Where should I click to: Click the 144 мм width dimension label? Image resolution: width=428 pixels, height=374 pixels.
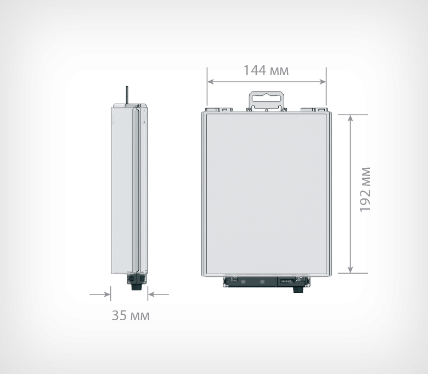click(266, 70)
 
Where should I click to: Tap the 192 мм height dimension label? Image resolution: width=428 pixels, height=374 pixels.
click(365, 190)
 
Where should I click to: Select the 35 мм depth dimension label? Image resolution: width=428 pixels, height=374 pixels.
click(131, 315)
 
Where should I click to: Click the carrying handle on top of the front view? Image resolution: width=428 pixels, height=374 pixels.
click(266, 101)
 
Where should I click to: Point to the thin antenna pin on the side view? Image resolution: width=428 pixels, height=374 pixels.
click(127, 95)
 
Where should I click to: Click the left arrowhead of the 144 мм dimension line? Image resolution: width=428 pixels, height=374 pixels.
click(211, 82)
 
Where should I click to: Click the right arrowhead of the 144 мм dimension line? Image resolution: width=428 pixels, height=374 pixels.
click(323, 82)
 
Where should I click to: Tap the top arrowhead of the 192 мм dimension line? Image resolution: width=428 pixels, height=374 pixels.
click(350, 118)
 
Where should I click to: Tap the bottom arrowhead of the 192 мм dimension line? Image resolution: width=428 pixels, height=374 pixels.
click(350, 269)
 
